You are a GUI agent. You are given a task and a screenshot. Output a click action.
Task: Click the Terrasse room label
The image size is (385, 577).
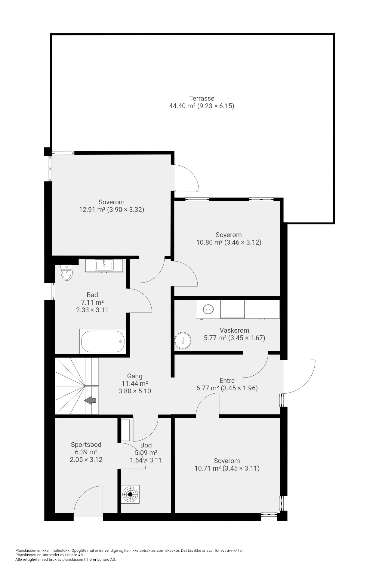tap(202, 98)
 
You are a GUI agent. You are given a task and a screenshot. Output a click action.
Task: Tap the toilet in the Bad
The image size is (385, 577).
tap(67, 272)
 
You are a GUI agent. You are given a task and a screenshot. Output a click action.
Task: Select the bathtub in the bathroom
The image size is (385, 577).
tap(103, 341)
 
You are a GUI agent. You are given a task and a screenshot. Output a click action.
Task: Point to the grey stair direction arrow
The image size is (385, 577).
tap(90, 400)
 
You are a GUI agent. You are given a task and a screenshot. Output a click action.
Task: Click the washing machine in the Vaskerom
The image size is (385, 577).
tap(208, 309)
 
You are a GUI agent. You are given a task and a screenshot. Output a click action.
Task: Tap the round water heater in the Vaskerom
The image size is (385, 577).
tap(183, 340)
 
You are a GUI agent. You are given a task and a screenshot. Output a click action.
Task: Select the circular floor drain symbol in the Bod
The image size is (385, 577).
tap(130, 494)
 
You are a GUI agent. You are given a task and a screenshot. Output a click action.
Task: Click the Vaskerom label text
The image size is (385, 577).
tap(234, 330)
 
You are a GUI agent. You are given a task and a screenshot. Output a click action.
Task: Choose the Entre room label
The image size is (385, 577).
tap(227, 380)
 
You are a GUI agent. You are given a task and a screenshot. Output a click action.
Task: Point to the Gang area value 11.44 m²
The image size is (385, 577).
tap(134, 383)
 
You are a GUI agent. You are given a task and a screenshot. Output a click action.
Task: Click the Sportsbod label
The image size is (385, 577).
tap(86, 444)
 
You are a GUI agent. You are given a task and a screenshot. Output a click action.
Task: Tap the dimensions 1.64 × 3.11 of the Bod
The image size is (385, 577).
tap(146, 460)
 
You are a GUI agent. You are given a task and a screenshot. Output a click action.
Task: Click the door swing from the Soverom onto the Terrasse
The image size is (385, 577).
tap(186, 178)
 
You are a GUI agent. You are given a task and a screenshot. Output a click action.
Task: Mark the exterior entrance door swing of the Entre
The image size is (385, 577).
tap(299, 377)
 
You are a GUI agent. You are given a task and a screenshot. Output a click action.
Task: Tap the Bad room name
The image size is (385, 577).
tap(92, 295)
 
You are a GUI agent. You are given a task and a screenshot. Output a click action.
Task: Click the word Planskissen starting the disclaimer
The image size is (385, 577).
tap(25, 550)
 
